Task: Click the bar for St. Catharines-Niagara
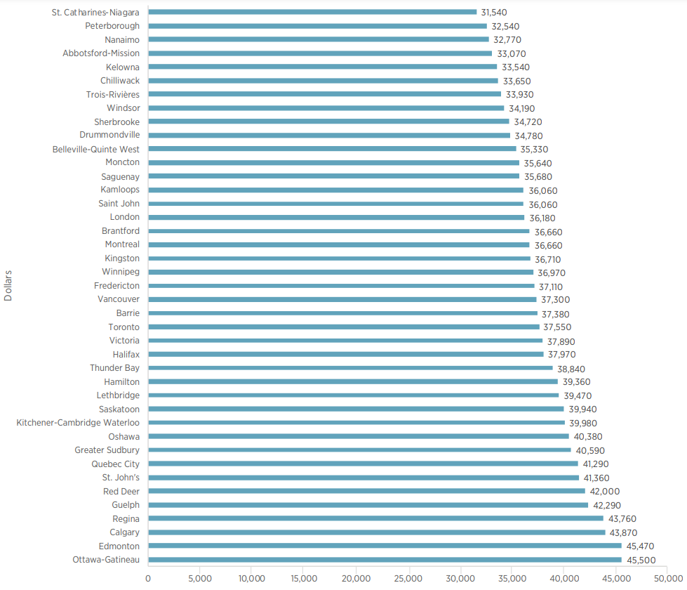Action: tap(312, 12)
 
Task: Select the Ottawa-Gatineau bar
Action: tap(385, 560)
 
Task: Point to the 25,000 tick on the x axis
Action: tap(408, 579)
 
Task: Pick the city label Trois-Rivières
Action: tap(113, 94)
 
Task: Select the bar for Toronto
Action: tap(344, 327)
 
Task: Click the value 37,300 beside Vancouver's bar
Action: tap(556, 300)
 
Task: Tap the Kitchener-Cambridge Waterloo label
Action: tap(78, 423)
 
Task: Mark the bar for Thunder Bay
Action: tap(350, 368)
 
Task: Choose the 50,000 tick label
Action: tap(667, 579)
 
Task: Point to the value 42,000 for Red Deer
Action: tap(605, 492)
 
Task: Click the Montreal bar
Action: tap(339, 244)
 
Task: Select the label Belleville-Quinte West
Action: tap(96, 149)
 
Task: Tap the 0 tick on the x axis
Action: tap(148, 579)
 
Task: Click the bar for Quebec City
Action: tap(363, 464)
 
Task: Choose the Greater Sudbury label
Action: tap(107, 450)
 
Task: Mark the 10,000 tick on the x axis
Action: tap(252, 579)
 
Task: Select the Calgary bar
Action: tap(377, 532)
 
